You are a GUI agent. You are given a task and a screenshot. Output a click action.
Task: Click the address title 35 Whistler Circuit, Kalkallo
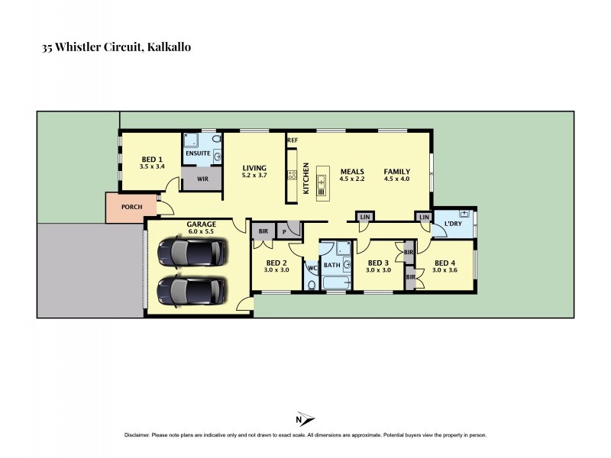point(115,47)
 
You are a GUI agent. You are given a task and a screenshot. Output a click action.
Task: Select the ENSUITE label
point(198,153)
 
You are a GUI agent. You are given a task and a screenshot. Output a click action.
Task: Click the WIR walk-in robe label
point(202,179)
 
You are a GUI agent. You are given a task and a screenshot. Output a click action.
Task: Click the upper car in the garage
point(191,252)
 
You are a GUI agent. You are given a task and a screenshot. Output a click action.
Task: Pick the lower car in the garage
point(191,290)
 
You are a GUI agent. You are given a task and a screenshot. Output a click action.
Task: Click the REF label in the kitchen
point(292,141)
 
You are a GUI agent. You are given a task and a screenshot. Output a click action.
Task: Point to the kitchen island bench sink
point(322,182)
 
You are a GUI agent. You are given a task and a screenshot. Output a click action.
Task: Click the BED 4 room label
point(443,266)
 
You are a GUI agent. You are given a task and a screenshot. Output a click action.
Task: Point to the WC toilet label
point(312,268)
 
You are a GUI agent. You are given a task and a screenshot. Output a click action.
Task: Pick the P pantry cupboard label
point(283,231)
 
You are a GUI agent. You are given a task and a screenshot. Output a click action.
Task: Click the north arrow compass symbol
point(304,419)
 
